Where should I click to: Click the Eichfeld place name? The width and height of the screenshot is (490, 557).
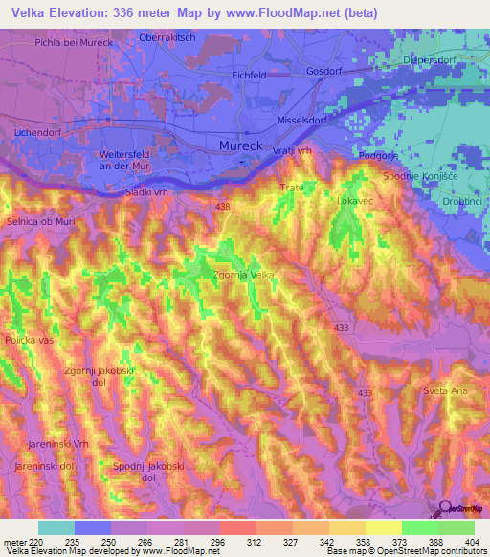tap(249, 75)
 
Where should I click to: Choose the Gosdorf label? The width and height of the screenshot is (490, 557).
tap(324, 72)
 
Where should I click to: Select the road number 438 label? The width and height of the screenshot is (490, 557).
tap(223, 207)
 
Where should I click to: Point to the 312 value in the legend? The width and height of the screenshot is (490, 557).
tap(236, 541)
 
